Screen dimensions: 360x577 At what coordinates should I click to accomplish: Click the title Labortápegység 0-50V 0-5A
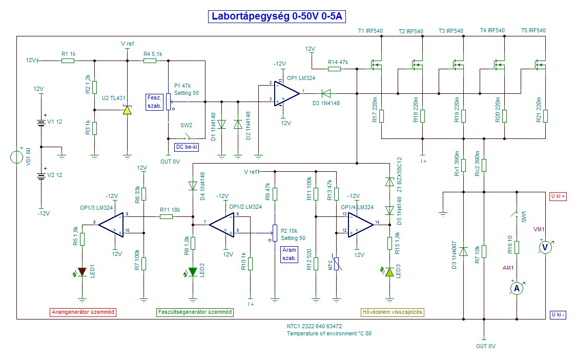click(276, 16)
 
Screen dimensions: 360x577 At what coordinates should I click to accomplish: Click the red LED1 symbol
click(82, 271)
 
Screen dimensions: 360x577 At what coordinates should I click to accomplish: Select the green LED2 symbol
click(193, 271)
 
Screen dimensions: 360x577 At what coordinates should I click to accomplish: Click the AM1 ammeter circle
click(517, 289)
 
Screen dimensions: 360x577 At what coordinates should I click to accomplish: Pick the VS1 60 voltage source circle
click(16, 157)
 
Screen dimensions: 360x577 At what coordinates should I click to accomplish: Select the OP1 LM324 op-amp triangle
click(286, 93)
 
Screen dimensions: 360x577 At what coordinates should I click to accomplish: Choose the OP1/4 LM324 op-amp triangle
click(361, 224)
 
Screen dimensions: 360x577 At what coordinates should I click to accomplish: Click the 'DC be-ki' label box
click(187, 147)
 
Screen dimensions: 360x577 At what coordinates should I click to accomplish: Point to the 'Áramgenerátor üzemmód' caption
click(83, 312)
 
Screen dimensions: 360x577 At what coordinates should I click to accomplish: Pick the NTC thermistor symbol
click(337, 264)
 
